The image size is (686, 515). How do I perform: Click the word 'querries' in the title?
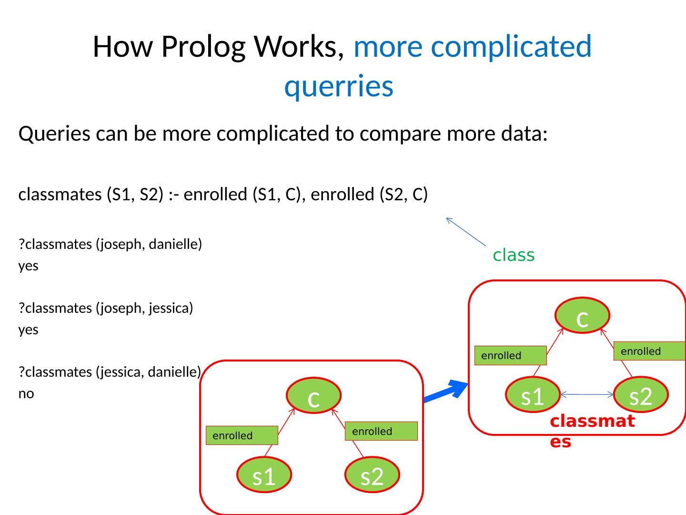pyautogui.click(x=339, y=86)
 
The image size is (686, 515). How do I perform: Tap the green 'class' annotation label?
pyautogui.click(x=514, y=256)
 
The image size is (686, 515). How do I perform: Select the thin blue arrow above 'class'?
pyautogui.click(x=465, y=232)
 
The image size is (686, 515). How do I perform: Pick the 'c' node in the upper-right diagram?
pyautogui.click(x=583, y=316)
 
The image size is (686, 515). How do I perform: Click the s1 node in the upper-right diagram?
pyautogui.click(x=533, y=395)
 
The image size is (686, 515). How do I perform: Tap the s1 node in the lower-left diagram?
pyautogui.click(x=264, y=475)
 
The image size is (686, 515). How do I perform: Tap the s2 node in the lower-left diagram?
pyautogui.click(x=372, y=475)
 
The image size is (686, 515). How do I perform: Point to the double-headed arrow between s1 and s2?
pyautogui.click(x=587, y=394)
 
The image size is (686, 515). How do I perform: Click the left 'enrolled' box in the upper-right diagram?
pyautogui.click(x=511, y=356)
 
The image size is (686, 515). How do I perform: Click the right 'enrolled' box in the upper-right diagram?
pyautogui.click(x=649, y=351)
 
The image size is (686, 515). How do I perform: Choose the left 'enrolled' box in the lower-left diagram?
pyautogui.click(x=242, y=435)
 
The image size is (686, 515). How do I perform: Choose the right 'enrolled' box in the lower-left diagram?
pyautogui.click(x=381, y=431)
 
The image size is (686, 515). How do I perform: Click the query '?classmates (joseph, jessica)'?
pyautogui.click(x=106, y=309)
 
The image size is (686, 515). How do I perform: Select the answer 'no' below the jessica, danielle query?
pyautogui.click(x=26, y=394)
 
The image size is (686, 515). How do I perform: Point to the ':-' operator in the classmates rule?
pyautogui.click(x=173, y=195)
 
